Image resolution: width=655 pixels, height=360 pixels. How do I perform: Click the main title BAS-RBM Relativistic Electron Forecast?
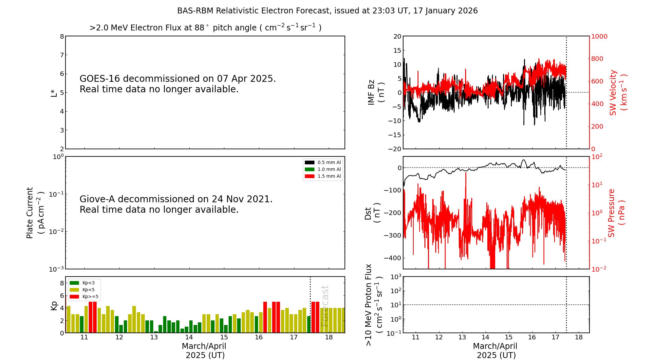tap(254, 11)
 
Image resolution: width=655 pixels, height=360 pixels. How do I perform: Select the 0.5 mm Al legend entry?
tap(323, 162)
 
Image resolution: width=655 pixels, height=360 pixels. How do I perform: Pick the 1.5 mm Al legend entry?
tap(323, 176)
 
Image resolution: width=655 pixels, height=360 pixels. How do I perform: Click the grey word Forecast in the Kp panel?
tap(325, 306)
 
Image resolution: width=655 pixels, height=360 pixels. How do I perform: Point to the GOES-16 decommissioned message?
tap(178, 84)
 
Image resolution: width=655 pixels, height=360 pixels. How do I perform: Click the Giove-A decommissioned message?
tap(176, 204)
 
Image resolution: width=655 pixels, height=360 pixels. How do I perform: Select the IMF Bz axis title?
tap(376, 92)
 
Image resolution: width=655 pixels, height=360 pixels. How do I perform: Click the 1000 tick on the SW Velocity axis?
tap(599, 36)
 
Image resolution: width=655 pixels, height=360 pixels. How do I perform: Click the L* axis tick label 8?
tap(62, 36)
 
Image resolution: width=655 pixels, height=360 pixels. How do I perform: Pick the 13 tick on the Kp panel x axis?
tap(154, 337)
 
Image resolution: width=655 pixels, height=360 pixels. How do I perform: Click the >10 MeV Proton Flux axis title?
tap(374, 305)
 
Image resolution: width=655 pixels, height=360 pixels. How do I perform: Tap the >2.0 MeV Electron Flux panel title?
tap(205, 27)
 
